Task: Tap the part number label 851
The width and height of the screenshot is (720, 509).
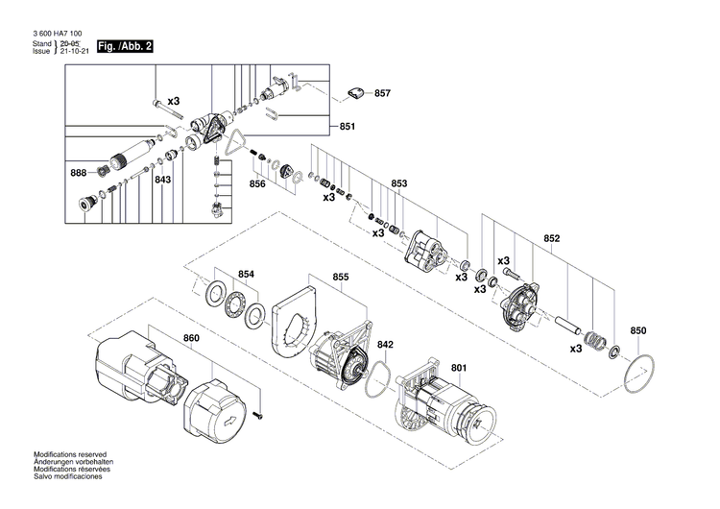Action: point(348,127)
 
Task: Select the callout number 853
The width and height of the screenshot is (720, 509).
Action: point(399,183)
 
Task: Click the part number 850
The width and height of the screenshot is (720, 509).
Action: point(638,331)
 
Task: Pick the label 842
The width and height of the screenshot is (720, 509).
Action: point(385,344)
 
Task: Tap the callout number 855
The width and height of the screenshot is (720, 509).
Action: point(341,278)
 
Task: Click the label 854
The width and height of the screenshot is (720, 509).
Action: point(247,275)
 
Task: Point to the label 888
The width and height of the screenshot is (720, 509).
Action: point(78,172)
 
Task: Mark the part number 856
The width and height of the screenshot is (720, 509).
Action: point(257,183)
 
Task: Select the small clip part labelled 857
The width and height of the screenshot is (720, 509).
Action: point(356,93)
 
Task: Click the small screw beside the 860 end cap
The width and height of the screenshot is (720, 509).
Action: point(260,415)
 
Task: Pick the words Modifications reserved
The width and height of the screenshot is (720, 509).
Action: point(70,453)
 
